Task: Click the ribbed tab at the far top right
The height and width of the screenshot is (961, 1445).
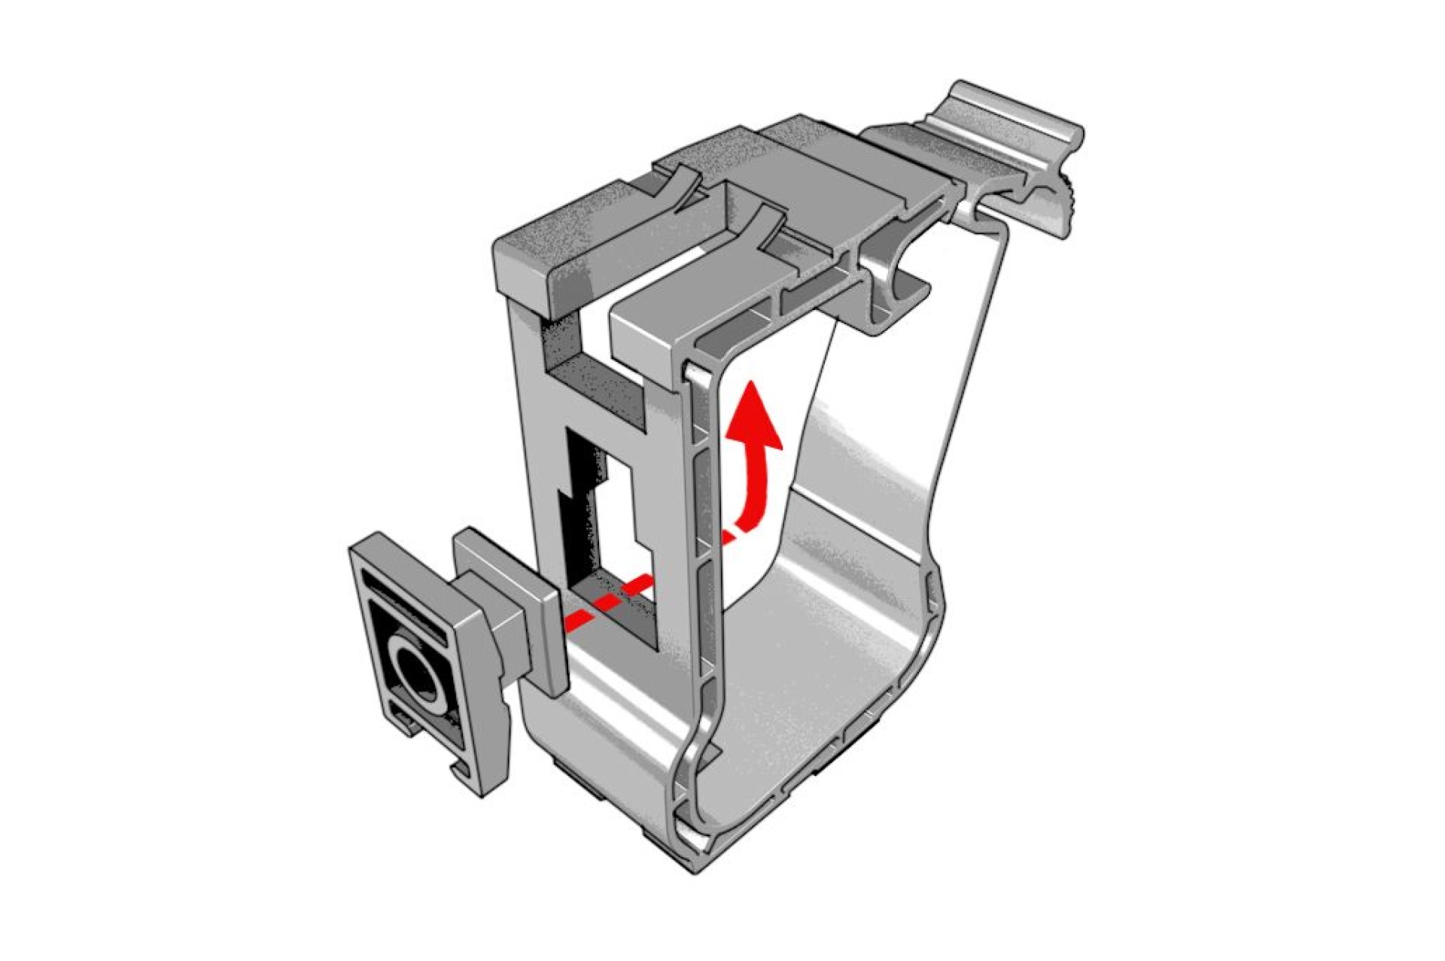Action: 1012,120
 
